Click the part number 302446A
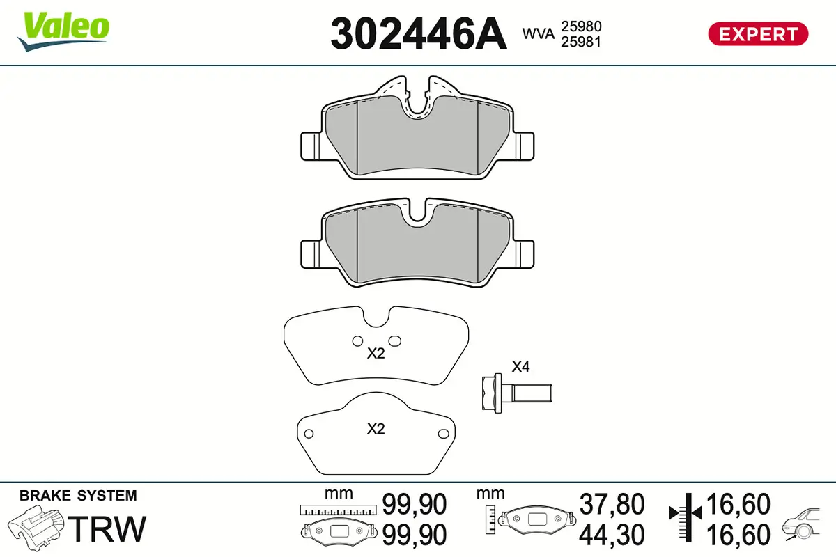click(x=418, y=33)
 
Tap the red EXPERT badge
click(x=758, y=33)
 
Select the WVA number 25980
click(x=581, y=26)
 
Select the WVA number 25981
click(x=581, y=42)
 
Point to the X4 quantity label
click(x=520, y=367)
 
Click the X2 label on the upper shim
click(x=376, y=354)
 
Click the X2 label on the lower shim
click(x=376, y=429)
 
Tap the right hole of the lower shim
click(x=442, y=434)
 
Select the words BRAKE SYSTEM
click(x=78, y=496)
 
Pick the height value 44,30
click(x=612, y=535)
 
